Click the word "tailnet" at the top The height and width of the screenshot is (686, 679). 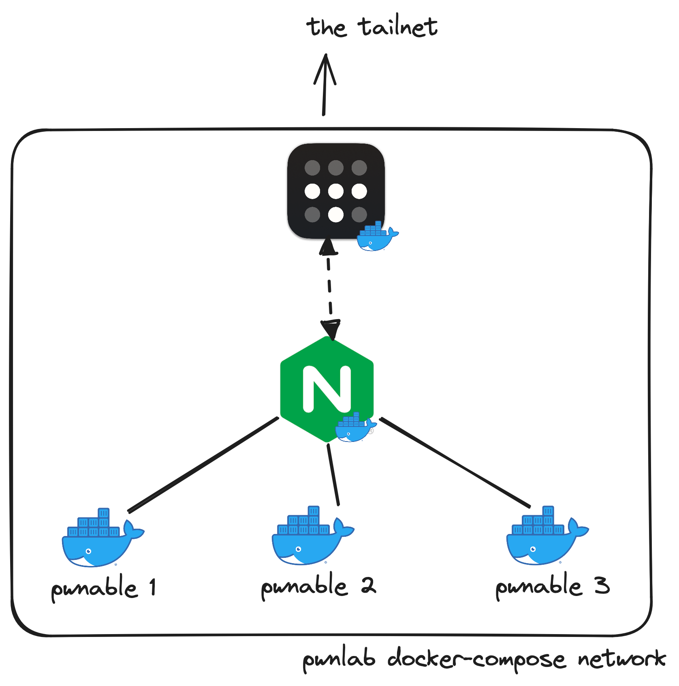tap(398, 27)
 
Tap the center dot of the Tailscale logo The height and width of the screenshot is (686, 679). tap(335, 191)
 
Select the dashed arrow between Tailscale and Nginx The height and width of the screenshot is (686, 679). tap(329, 288)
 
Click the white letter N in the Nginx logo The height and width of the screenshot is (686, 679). tap(327, 389)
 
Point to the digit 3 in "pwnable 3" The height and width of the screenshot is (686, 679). tap(602, 585)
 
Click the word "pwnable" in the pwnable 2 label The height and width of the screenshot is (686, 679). tap(304, 587)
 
